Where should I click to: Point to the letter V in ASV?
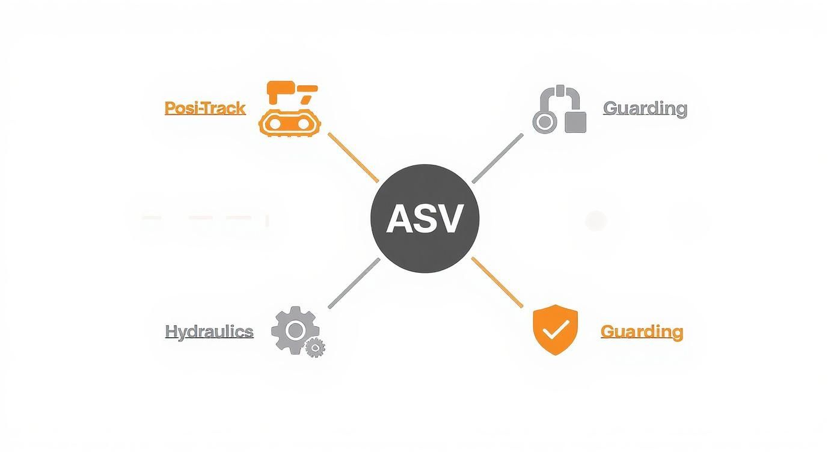click(450, 219)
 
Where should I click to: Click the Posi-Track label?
click(205, 108)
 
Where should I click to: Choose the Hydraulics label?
click(209, 331)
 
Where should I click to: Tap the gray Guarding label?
click(645, 109)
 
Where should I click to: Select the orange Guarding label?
click(642, 331)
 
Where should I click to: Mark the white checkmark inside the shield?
click(556, 328)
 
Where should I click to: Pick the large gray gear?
click(295, 329)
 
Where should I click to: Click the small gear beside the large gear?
click(314, 347)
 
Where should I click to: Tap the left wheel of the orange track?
click(275, 123)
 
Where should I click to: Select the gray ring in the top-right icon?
click(544, 122)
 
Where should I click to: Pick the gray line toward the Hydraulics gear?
click(354, 283)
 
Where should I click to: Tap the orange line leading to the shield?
click(497, 282)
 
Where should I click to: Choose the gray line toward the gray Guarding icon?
click(498, 158)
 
